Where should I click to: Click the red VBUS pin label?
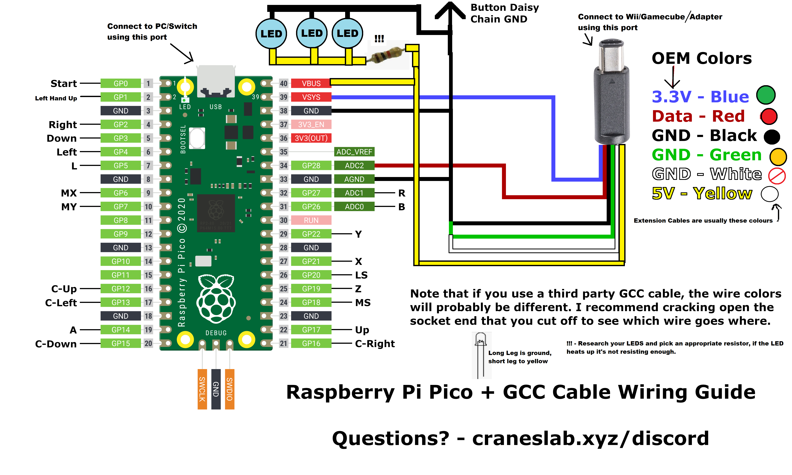[x=311, y=84]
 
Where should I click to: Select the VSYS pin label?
[x=311, y=97]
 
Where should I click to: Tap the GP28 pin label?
[x=311, y=165]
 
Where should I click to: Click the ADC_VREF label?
[x=354, y=152]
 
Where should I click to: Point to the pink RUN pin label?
[x=311, y=220]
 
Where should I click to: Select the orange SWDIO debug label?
[x=230, y=389]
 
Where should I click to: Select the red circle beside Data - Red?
[x=769, y=116]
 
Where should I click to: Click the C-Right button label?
[x=375, y=343]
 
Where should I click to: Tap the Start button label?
[x=64, y=84]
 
